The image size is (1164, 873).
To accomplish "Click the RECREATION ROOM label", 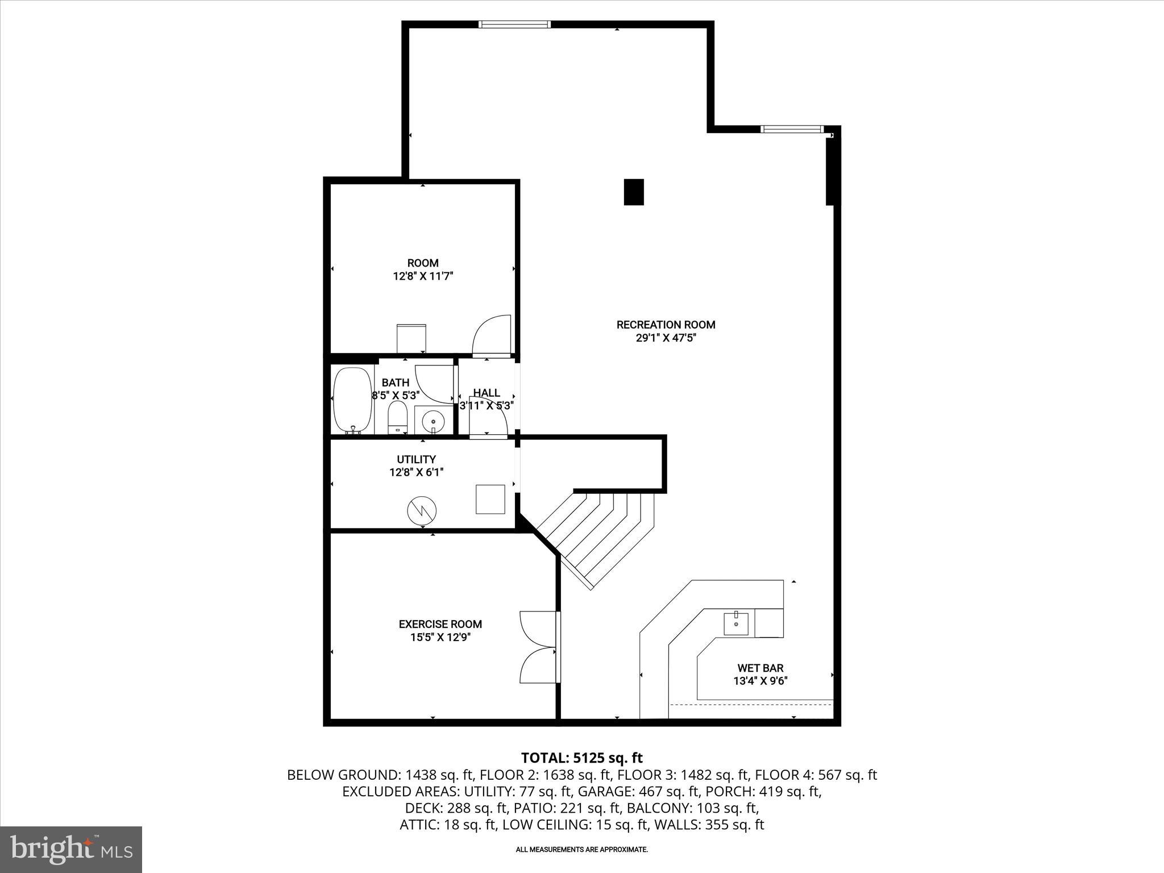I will tap(666, 325).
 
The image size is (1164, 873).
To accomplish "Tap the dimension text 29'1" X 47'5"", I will tap(666, 338).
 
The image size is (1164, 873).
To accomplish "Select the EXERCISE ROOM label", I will tap(440, 624).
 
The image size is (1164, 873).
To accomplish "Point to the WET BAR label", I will tap(760, 668).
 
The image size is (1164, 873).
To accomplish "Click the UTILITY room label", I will tap(416, 459).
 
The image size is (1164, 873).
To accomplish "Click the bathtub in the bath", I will tap(352, 400).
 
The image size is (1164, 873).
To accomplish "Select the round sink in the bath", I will tap(434, 421).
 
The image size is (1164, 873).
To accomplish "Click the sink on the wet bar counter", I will tap(736, 623).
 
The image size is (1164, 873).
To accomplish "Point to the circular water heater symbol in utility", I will tap(422, 510).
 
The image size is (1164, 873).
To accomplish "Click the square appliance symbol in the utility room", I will tap(490, 499).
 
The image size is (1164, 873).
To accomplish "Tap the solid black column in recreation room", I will tap(634, 192).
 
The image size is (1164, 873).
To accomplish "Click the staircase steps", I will tap(597, 534).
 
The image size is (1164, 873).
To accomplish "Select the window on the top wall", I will tap(514, 24).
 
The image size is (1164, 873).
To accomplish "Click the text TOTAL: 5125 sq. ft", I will tap(581, 758).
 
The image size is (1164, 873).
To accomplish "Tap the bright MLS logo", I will tap(71, 849).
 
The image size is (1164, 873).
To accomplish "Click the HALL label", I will tap(487, 393).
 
